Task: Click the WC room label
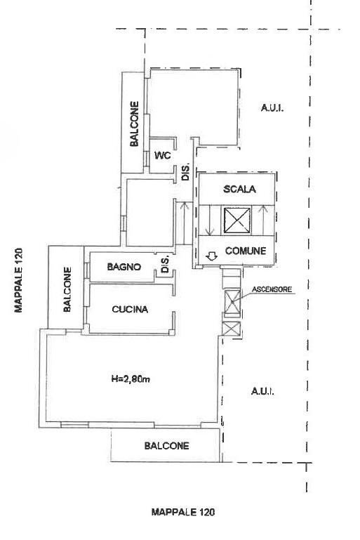(x=163, y=156)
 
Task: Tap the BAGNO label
(x=125, y=267)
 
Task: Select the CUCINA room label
(x=130, y=308)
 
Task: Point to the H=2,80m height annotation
(x=132, y=380)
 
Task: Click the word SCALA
(x=240, y=190)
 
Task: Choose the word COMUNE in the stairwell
(x=245, y=251)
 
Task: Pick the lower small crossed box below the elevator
(x=232, y=328)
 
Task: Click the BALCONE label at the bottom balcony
(x=166, y=446)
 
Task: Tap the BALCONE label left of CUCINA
(x=67, y=289)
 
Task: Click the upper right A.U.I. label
(x=271, y=107)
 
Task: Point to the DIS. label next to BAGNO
(x=166, y=265)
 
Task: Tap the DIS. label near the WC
(x=186, y=172)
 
